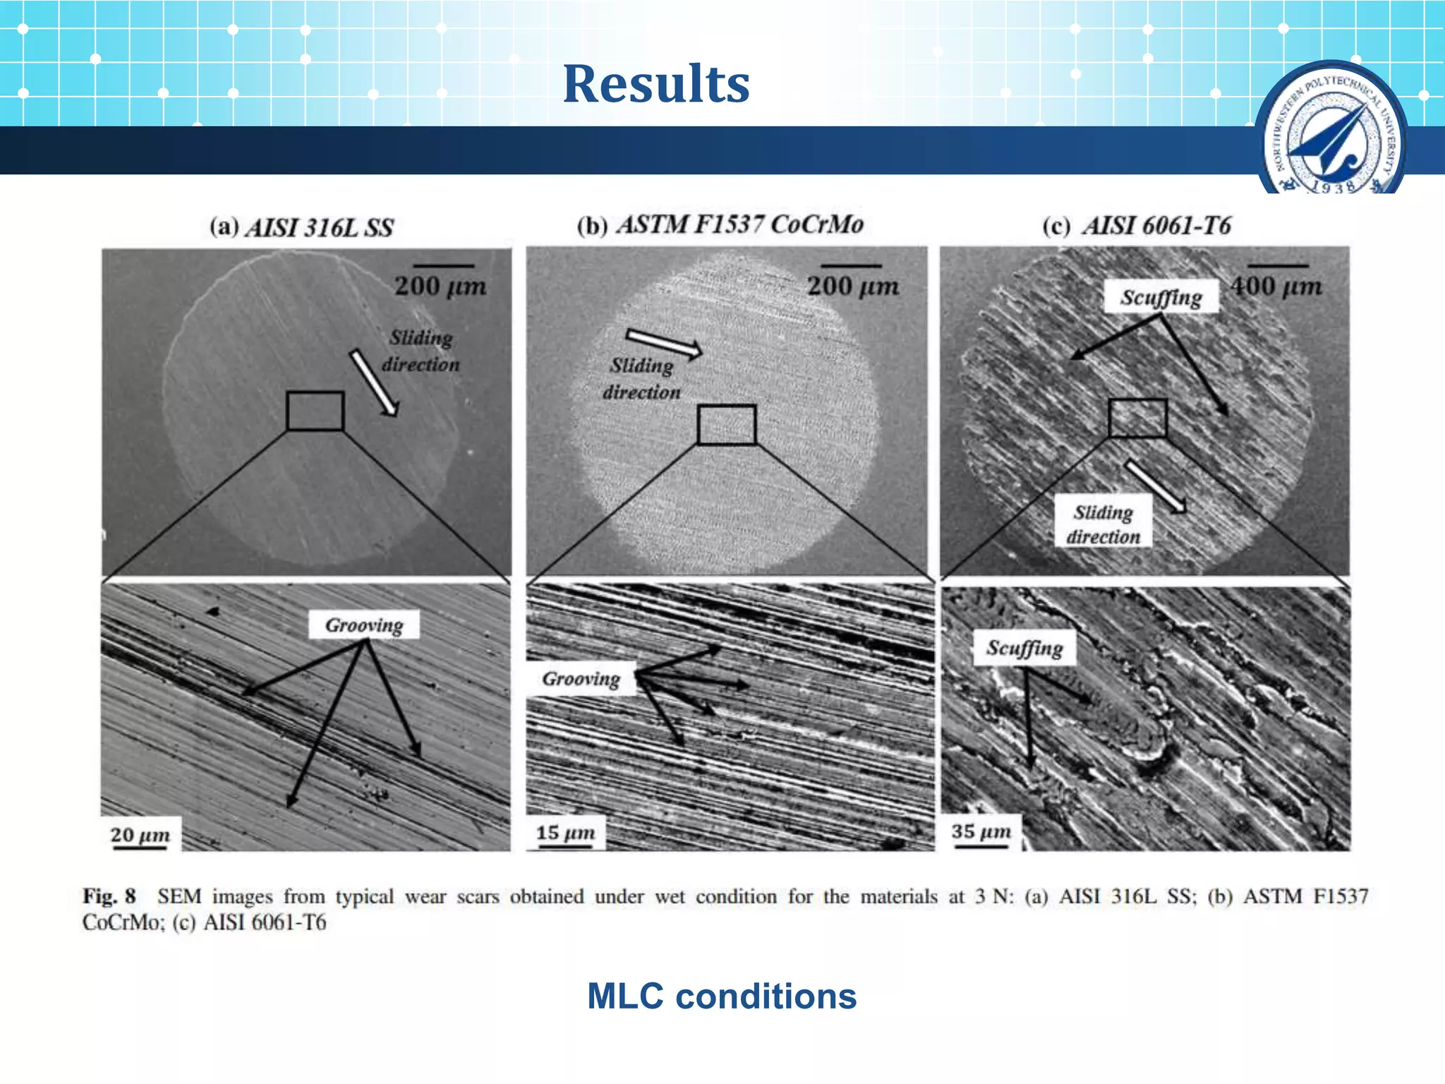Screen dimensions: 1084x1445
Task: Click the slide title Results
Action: [655, 84]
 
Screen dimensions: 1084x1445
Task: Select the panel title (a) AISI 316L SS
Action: [301, 227]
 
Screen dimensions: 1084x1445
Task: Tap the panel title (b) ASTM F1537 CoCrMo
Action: [720, 225]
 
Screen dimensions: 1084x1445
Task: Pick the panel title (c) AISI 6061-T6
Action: [1136, 226]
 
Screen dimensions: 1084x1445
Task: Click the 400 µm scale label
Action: [1276, 287]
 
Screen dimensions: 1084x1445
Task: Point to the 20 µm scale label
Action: [140, 835]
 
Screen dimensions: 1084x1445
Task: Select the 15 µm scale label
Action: [565, 833]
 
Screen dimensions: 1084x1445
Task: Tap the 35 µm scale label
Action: [981, 831]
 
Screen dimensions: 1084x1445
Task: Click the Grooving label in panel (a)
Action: [364, 625]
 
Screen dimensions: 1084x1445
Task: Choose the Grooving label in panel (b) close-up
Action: [581, 679]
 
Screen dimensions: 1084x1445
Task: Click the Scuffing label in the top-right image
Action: [1161, 297]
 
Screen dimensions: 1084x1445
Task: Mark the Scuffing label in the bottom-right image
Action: [1024, 648]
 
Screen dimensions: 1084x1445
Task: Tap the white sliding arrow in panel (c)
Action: [1155, 486]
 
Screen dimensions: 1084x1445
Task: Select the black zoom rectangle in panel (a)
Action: [315, 411]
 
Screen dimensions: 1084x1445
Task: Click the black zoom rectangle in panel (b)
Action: [726, 425]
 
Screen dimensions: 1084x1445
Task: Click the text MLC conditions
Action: [722, 996]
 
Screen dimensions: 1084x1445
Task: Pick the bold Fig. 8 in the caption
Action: [109, 896]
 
